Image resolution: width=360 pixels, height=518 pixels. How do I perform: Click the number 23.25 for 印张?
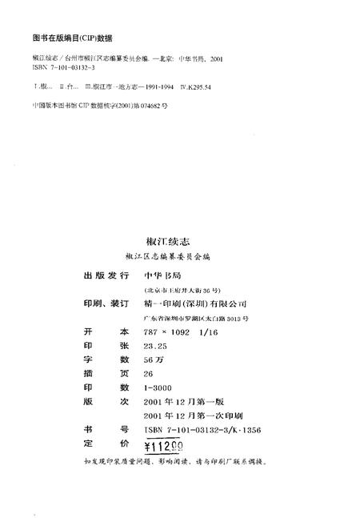click(155, 347)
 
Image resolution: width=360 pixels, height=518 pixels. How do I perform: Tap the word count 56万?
click(151, 361)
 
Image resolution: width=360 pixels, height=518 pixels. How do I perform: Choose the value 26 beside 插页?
click(147, 375)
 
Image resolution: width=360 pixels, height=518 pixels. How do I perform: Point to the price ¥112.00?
click(164, 448)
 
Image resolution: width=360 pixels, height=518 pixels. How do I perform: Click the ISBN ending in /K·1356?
click(202, 433)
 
